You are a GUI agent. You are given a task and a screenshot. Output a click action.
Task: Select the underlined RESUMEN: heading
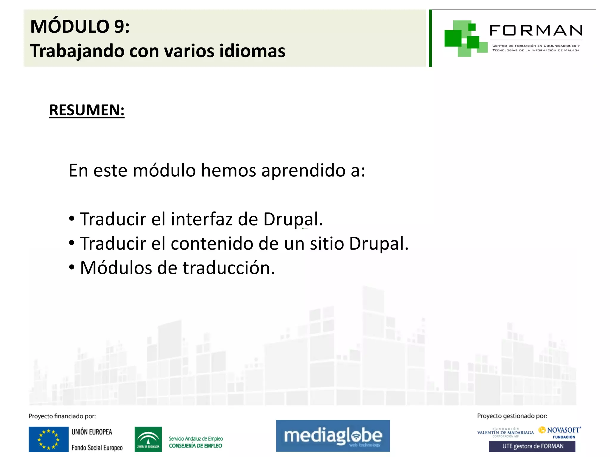87,110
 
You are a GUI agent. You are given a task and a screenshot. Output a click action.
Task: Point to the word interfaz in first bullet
202,219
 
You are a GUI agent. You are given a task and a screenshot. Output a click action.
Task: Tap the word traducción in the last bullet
228,268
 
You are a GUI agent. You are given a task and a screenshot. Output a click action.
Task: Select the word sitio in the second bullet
327,244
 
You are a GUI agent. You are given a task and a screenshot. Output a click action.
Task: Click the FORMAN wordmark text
536,31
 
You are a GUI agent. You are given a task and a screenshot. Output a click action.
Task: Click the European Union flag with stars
49,439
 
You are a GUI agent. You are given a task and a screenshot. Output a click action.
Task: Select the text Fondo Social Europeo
97,448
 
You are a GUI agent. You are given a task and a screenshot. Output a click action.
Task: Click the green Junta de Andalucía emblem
148,439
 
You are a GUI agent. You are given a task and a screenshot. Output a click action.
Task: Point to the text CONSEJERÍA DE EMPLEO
195,446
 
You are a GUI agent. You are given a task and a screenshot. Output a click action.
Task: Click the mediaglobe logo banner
333,436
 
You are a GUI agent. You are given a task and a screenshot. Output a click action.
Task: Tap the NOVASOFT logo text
563,430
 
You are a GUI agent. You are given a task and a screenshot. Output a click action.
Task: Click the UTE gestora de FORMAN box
532,446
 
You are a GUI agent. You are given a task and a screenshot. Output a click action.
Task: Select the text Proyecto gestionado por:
512,416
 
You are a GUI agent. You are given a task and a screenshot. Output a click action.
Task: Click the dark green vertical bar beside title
430,38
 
